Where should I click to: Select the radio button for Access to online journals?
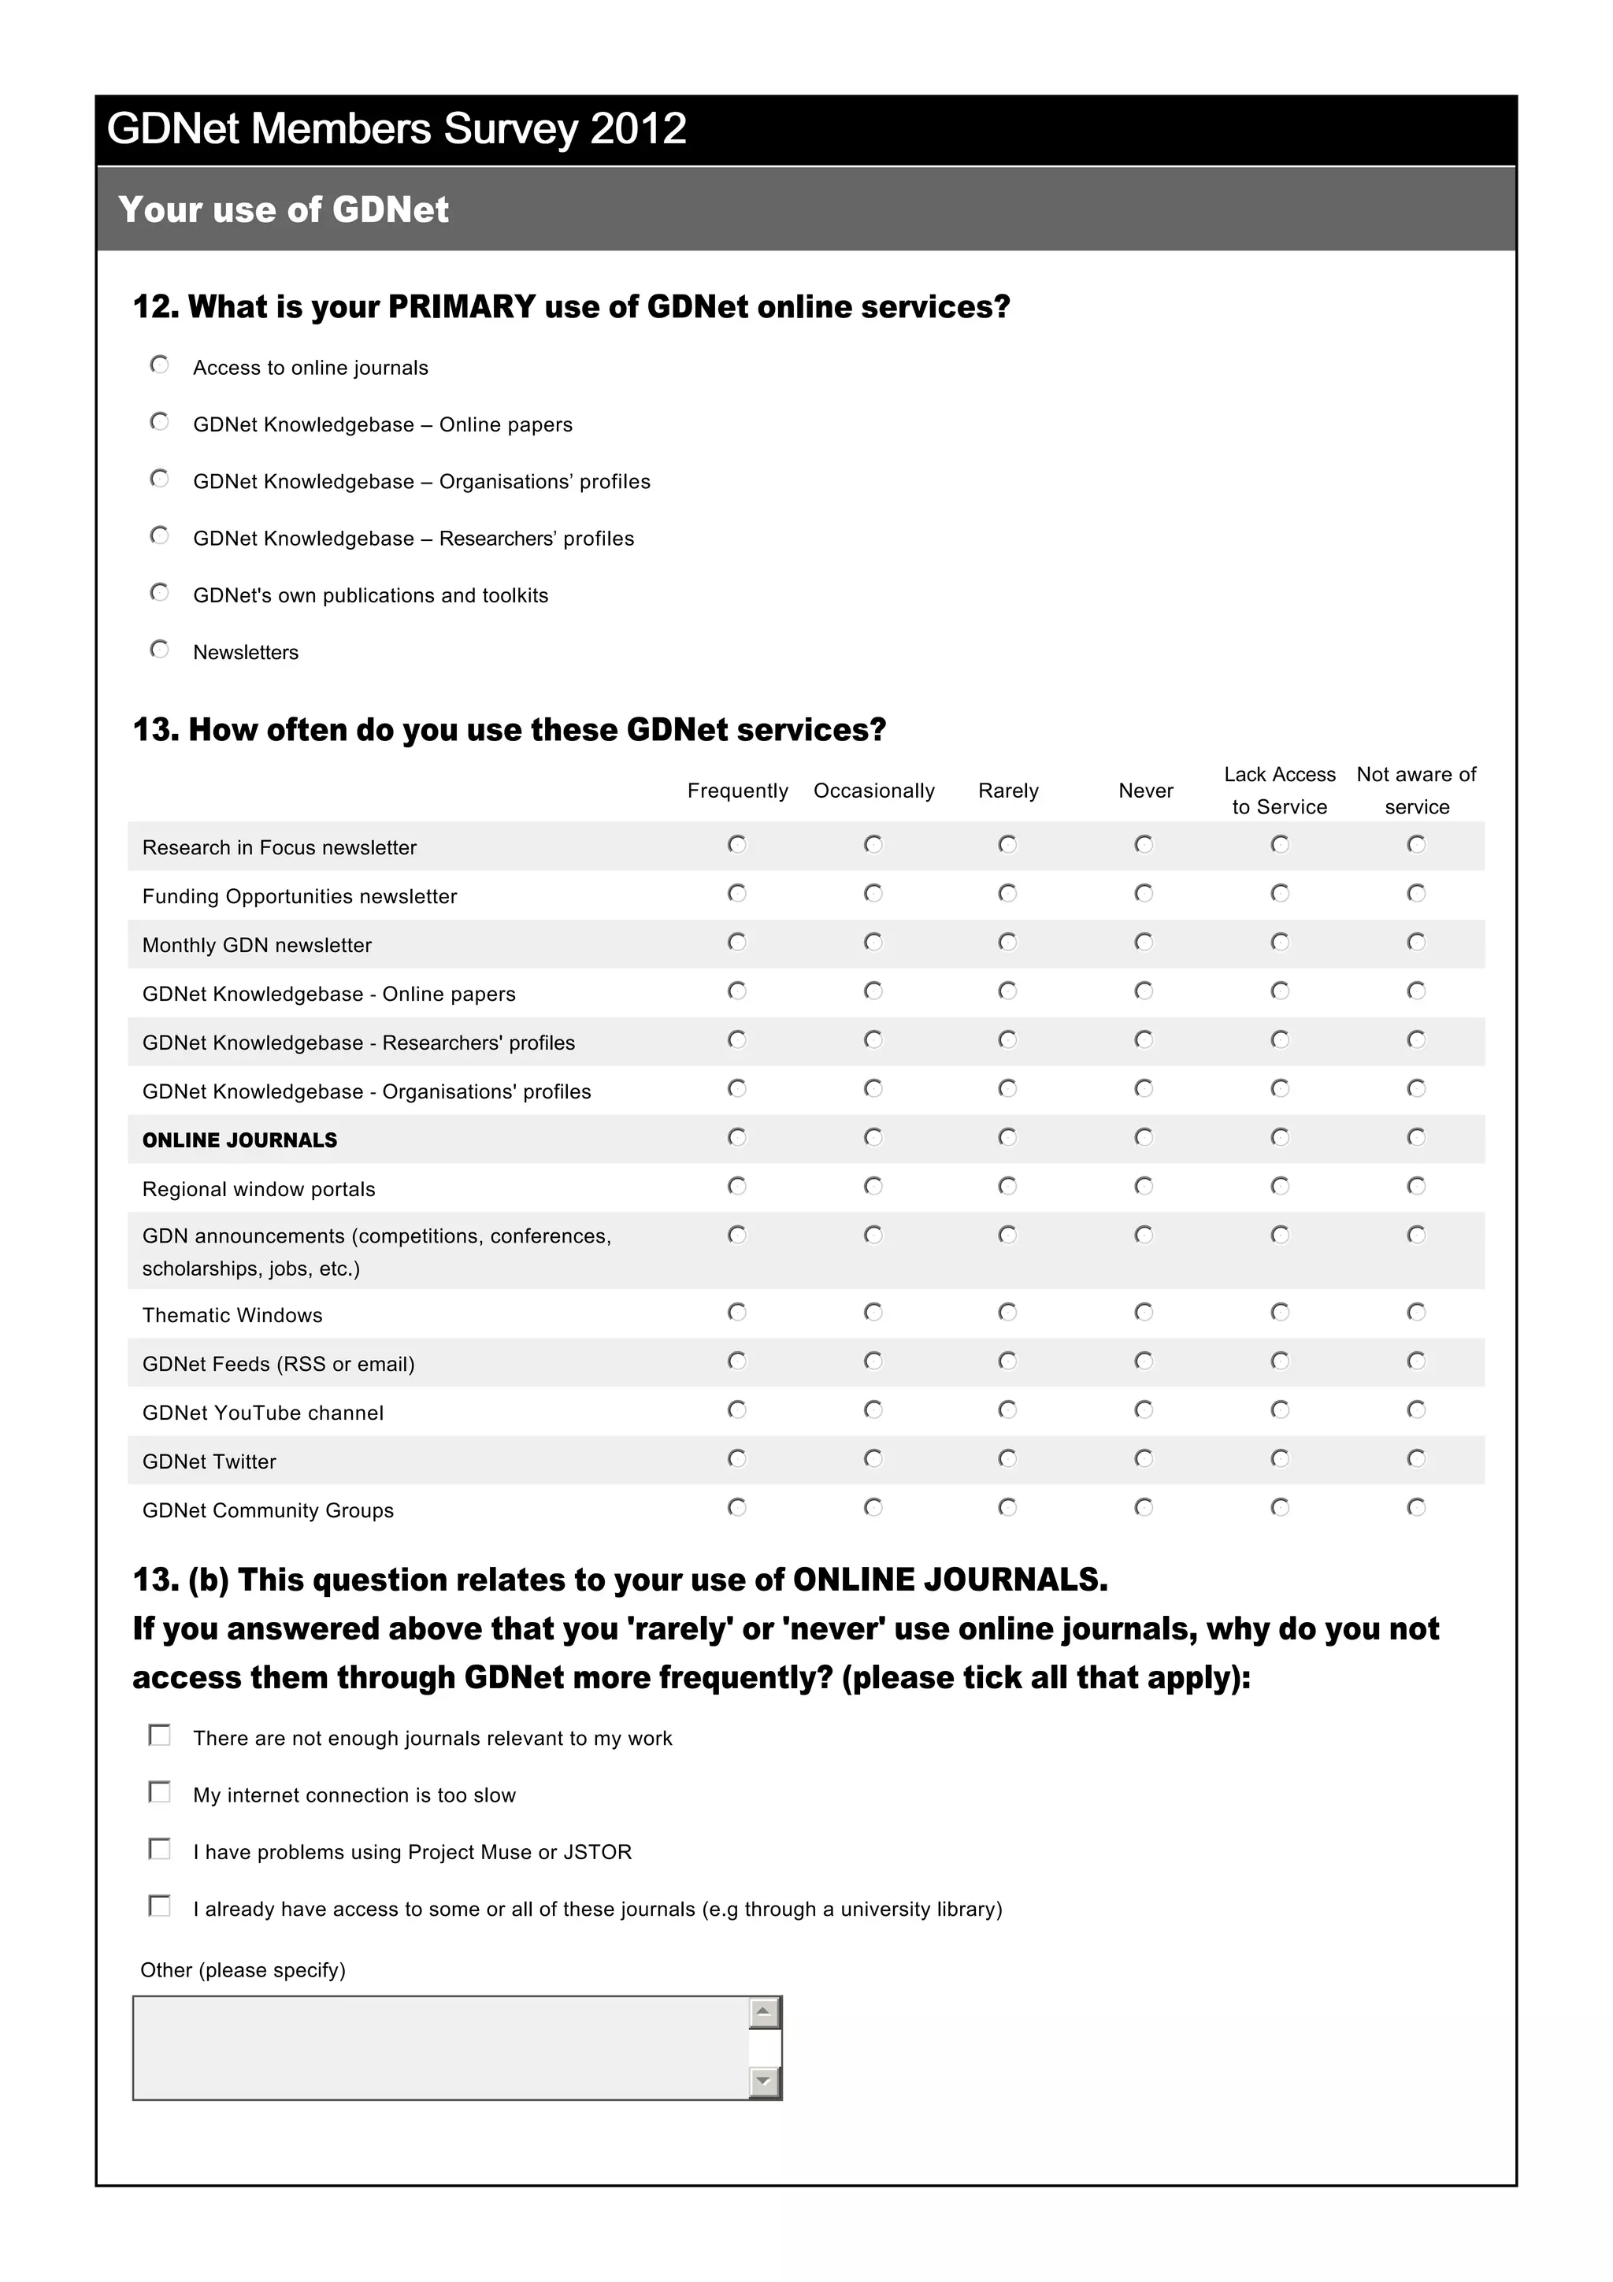click(159, 365)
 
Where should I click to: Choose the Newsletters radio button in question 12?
click(159, 649)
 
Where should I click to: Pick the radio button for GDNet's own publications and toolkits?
click(159, 592)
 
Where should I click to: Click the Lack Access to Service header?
click(1279, 790)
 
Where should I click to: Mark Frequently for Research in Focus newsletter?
click(736, 845)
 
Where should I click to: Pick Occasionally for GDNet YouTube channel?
click(873, 1410)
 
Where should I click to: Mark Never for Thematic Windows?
click(1143, 1312)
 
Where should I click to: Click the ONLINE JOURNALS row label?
click(239, 1140)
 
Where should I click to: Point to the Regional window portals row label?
click(258, 1189)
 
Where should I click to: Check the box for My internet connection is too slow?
click(159, 1791)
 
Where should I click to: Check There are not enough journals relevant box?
click(159, 1735)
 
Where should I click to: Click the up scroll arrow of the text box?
click(763, 2013)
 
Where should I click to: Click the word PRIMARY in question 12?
click(462, 306)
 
